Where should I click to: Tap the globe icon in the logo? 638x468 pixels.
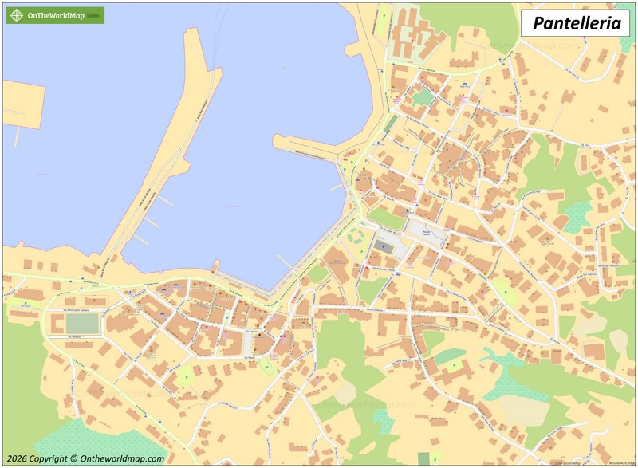(17, 15)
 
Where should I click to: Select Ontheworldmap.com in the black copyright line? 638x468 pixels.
(120, 458)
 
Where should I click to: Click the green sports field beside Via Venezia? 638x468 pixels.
(82, 324)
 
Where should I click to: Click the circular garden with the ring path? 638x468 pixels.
(356, 237)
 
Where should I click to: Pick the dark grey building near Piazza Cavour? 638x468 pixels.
(387, 248)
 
